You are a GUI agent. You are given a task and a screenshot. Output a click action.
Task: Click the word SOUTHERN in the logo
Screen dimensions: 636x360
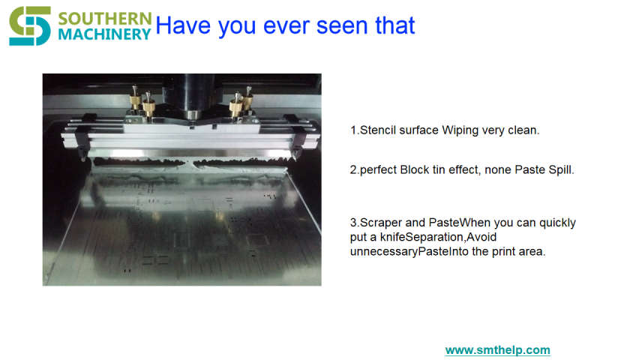tap(105, 19)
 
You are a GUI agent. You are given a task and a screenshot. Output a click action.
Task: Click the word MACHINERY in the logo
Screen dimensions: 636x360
tap(105, 34)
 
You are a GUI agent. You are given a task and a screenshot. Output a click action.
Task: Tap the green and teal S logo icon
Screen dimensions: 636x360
tap(30, 26)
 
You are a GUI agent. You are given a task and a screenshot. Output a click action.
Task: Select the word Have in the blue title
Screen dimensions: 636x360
tap(183, 25)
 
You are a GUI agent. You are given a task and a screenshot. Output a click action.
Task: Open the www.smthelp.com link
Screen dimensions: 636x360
tap(498, 349)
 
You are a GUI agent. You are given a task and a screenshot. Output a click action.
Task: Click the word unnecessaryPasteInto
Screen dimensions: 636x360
tap(409, 252)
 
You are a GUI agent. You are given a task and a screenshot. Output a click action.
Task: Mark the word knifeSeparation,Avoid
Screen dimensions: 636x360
tap(438, 237)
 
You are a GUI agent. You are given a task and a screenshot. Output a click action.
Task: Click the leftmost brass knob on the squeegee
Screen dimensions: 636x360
tap(135, 99)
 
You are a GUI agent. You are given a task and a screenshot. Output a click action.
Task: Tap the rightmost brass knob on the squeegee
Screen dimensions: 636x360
tap(247, 99)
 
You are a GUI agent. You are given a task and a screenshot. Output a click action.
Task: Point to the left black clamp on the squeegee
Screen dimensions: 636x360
tap(83, 136)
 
